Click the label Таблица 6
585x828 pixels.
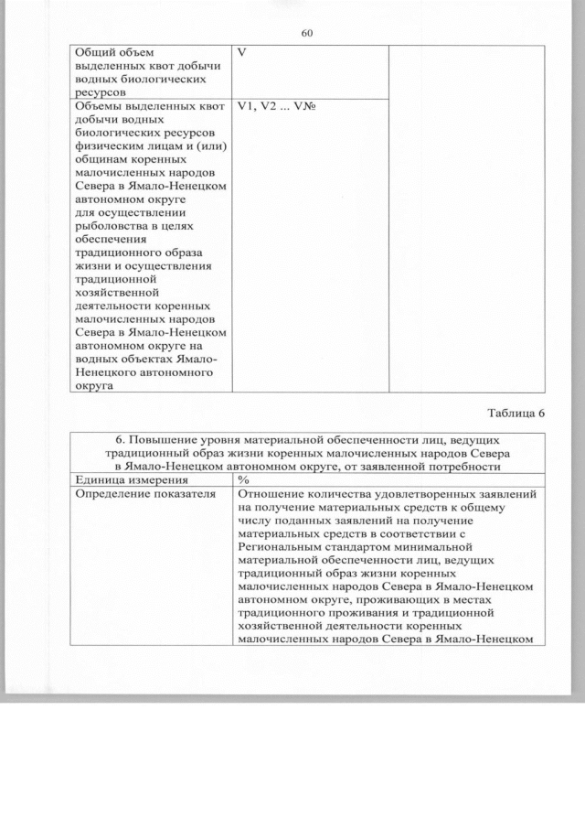(x=514, y=413)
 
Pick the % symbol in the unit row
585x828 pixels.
(x=243, y=480)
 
